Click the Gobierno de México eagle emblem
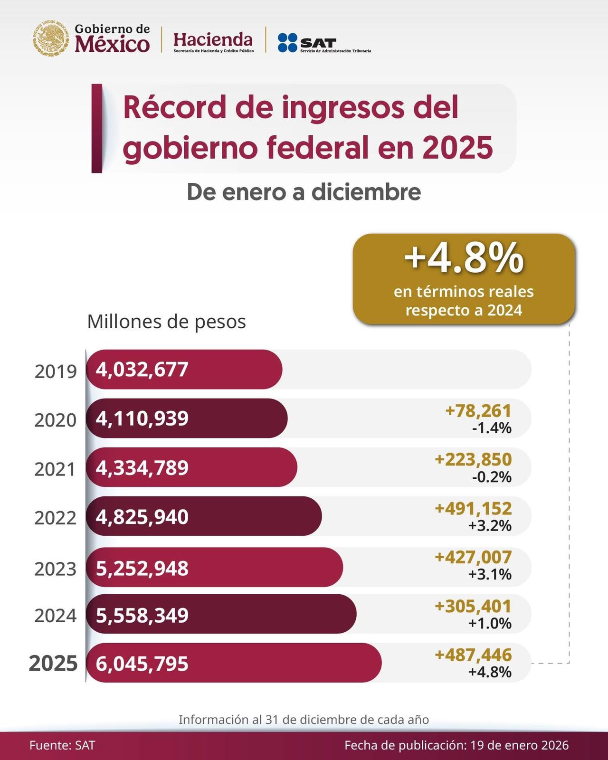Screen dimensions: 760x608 coord(51,38)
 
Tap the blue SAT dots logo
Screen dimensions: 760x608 coord(287,42)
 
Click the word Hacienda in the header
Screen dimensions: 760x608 coord(213,39)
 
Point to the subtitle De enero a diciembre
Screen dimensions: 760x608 coord(304,192)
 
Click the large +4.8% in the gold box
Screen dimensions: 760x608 coord(464,259)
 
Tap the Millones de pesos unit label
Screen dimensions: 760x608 coord(166,322)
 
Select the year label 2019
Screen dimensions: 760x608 coord(56,371)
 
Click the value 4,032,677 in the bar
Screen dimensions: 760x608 coord(142,370)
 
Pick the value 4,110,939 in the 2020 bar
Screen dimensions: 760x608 coord(142,418)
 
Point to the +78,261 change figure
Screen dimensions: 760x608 coord(478,410)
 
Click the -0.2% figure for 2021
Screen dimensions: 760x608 coord(492,476)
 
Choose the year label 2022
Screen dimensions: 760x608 coord(55,517)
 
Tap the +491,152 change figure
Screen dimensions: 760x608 coord(473,508)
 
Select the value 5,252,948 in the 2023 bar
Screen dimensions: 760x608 coord(142,568)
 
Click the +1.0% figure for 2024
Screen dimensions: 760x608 coord(490,623)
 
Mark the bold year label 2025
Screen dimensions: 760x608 coord(53,664)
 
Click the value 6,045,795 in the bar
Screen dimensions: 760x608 coord(142,664)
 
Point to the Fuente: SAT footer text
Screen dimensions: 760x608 coord(62,745)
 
